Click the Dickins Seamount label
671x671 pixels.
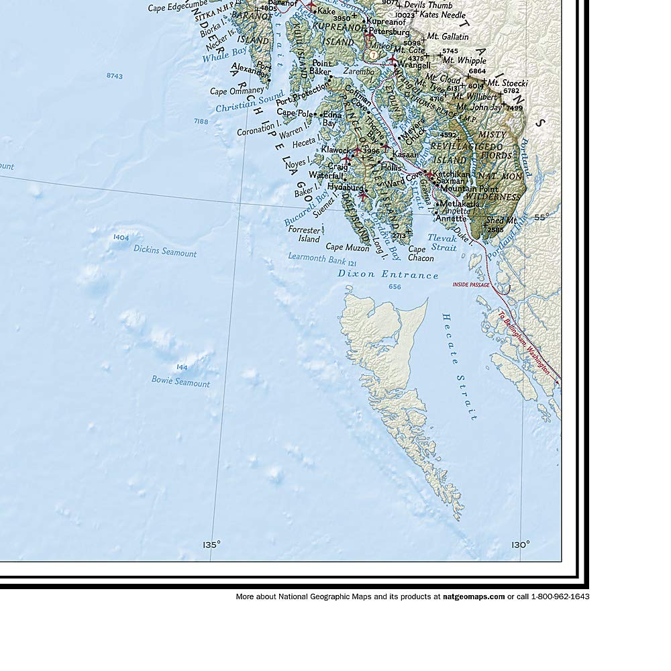tap(164, 253)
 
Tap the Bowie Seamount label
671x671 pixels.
tap(180, 382)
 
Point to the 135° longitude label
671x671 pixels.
tap(211, 545)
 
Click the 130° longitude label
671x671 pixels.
tap(520, 545)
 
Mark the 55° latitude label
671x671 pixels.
tap(541, 217)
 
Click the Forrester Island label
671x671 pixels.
tap(304, 234)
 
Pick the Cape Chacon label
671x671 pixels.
tap(421, 254)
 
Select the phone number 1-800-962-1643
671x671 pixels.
tap(560, 596)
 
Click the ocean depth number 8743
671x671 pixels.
tap(115, 76)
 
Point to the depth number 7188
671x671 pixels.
tap(201, 121)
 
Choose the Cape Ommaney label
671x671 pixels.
tap(237, 91)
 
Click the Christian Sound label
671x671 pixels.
tap(240, 103)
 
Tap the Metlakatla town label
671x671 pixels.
tap(460, 203)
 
